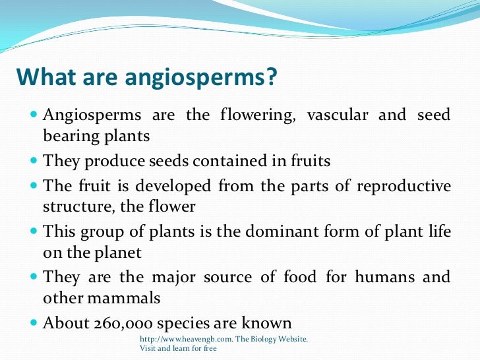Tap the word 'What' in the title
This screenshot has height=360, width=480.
tap(44, 78)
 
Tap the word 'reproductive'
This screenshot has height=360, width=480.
tap(404, 186)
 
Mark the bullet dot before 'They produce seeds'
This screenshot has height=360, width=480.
tap(34, 160)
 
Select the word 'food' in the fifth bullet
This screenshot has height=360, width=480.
tap(299, 277)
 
